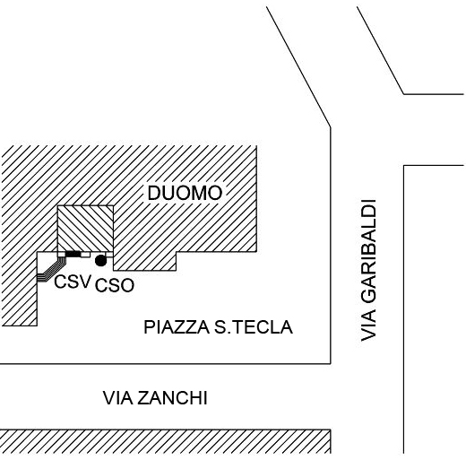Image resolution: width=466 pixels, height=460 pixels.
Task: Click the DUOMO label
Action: pos(185,193)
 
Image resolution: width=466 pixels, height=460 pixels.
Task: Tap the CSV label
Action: pos(73,282)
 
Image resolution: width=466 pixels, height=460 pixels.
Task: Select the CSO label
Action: pos(115,285)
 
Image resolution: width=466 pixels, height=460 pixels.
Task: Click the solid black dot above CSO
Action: pos(100,260)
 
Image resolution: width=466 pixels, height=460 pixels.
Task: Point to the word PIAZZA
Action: pos(177,327)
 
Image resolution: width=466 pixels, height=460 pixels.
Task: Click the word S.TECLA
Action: pos(254,327)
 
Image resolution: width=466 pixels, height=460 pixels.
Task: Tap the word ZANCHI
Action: pos(172,398)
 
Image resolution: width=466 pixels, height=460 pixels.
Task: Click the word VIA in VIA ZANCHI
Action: pos(118,398)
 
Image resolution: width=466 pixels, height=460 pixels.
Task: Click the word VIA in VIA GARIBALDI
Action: pos(368,325)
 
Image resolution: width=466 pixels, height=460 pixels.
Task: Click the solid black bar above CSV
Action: pos(73,254)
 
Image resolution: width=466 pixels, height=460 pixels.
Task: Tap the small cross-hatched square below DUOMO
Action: pos(85,229)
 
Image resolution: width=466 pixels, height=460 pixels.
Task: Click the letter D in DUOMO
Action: pos(154,193)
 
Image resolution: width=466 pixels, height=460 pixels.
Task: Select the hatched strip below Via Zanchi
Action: pos(165,441)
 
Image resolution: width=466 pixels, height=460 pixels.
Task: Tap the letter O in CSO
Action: pos(127,285)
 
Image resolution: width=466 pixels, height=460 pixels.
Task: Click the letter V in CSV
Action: pos(84,282)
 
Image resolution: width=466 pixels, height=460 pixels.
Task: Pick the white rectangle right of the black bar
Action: pos(85,255)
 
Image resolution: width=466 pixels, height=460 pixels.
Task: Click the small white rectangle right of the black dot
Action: pos(109,255)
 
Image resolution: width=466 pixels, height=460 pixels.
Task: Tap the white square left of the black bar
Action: pos(61,255)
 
